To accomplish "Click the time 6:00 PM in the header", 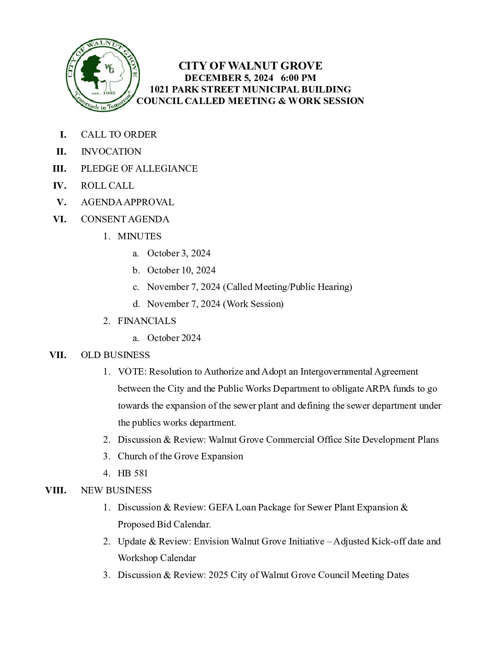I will click(301, 78).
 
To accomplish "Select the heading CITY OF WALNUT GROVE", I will click(250, 66).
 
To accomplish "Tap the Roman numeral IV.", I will click(59, 185).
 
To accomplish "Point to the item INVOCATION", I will click(111, 151).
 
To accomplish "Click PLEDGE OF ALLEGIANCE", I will click(139, 168).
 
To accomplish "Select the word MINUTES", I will click(140, 236).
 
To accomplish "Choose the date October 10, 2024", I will click(181, 270).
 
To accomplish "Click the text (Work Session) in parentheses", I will click(253, 304).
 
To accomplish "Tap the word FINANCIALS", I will click(147, 321).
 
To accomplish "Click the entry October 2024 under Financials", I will click(174, 338).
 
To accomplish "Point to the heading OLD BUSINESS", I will click(115, 355).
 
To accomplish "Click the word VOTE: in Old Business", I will click(132, 371).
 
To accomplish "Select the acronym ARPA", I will click(378, 388).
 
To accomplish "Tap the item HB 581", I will click(133, 473).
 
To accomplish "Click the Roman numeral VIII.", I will click(56, 490).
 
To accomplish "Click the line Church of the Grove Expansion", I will click(180, 456).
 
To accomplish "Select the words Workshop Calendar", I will click(157, 558).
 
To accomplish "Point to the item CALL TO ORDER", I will click(119, 134).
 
